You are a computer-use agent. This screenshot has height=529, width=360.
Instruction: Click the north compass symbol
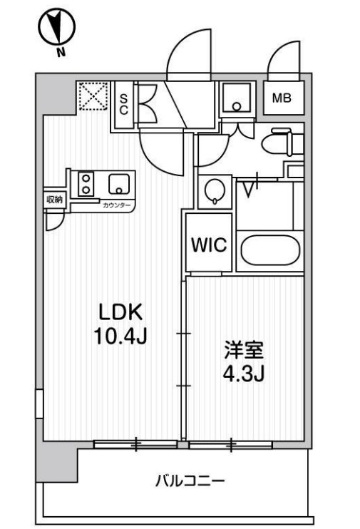(x=57, y=27)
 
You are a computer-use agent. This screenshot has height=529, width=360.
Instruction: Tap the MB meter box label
(x=282, y=98)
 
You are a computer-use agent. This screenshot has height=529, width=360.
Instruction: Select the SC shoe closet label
(x=124, y=104)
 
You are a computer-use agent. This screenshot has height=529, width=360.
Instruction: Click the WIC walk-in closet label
(x=209, y=245)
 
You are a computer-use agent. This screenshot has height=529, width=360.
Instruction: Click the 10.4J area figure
(x=120, y=337)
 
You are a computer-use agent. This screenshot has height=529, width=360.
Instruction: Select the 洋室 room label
(x=244, y=350)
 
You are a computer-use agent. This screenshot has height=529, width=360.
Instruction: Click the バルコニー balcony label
(x=190, y=481)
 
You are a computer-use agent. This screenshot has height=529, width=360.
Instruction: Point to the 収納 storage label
(x=55, y=200)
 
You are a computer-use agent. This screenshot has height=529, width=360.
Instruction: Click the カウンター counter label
(x=116, y=205)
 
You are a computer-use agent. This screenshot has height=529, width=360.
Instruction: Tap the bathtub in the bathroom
(x=270, y=250)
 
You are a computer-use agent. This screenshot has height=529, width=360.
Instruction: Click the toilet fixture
(x=282, y=142)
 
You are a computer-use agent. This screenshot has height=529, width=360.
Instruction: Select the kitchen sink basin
(x=119, y=184)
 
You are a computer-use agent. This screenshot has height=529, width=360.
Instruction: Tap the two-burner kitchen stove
(x=86, y=184)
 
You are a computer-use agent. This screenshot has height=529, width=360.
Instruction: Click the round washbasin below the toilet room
(x=215, y=191)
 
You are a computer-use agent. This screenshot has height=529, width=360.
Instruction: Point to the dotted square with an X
(x=93, y=96)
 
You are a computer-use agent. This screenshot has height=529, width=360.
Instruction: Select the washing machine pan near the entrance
(x=237, y=98)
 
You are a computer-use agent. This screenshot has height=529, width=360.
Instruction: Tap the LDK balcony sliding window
(x=135, y=444)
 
